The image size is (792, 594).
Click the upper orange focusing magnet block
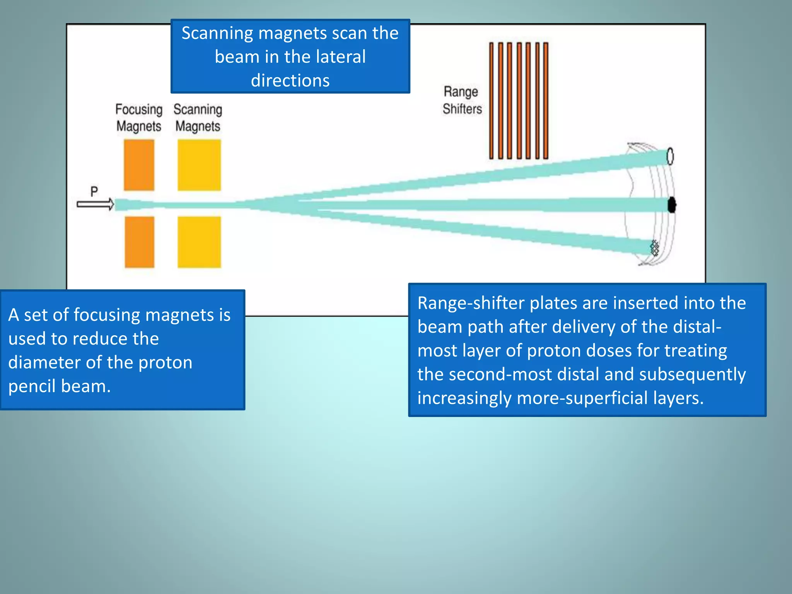pos(139,165)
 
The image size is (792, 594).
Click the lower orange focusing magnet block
pos(139,242)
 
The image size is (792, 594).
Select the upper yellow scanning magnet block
pos(199,165)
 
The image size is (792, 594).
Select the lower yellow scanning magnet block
pos(199,242)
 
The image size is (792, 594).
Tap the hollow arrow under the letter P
pos(95,204)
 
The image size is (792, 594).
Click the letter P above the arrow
pos(94,191)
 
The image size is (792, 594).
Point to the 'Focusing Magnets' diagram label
pos(139,118)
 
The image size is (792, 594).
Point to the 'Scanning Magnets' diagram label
pos(198,118)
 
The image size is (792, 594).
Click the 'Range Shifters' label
pos(462,100)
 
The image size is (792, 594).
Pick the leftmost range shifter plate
pos(492,101)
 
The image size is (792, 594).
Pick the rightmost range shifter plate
pos(546,101)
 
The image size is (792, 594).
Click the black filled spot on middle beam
pos(672,205)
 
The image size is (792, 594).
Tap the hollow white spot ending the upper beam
pos(670,156)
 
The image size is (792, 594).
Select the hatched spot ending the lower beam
pos(654,248)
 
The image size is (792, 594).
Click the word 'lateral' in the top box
pos(340,57)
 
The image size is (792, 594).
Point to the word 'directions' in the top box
pos(290,80)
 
